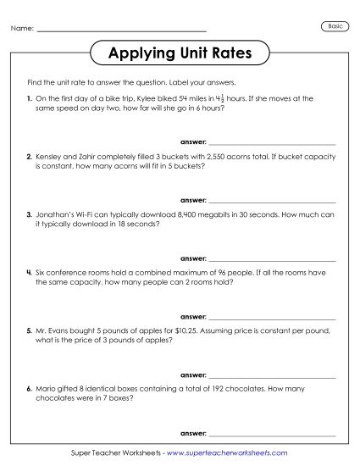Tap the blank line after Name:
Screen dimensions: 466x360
(x=122, y=31)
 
